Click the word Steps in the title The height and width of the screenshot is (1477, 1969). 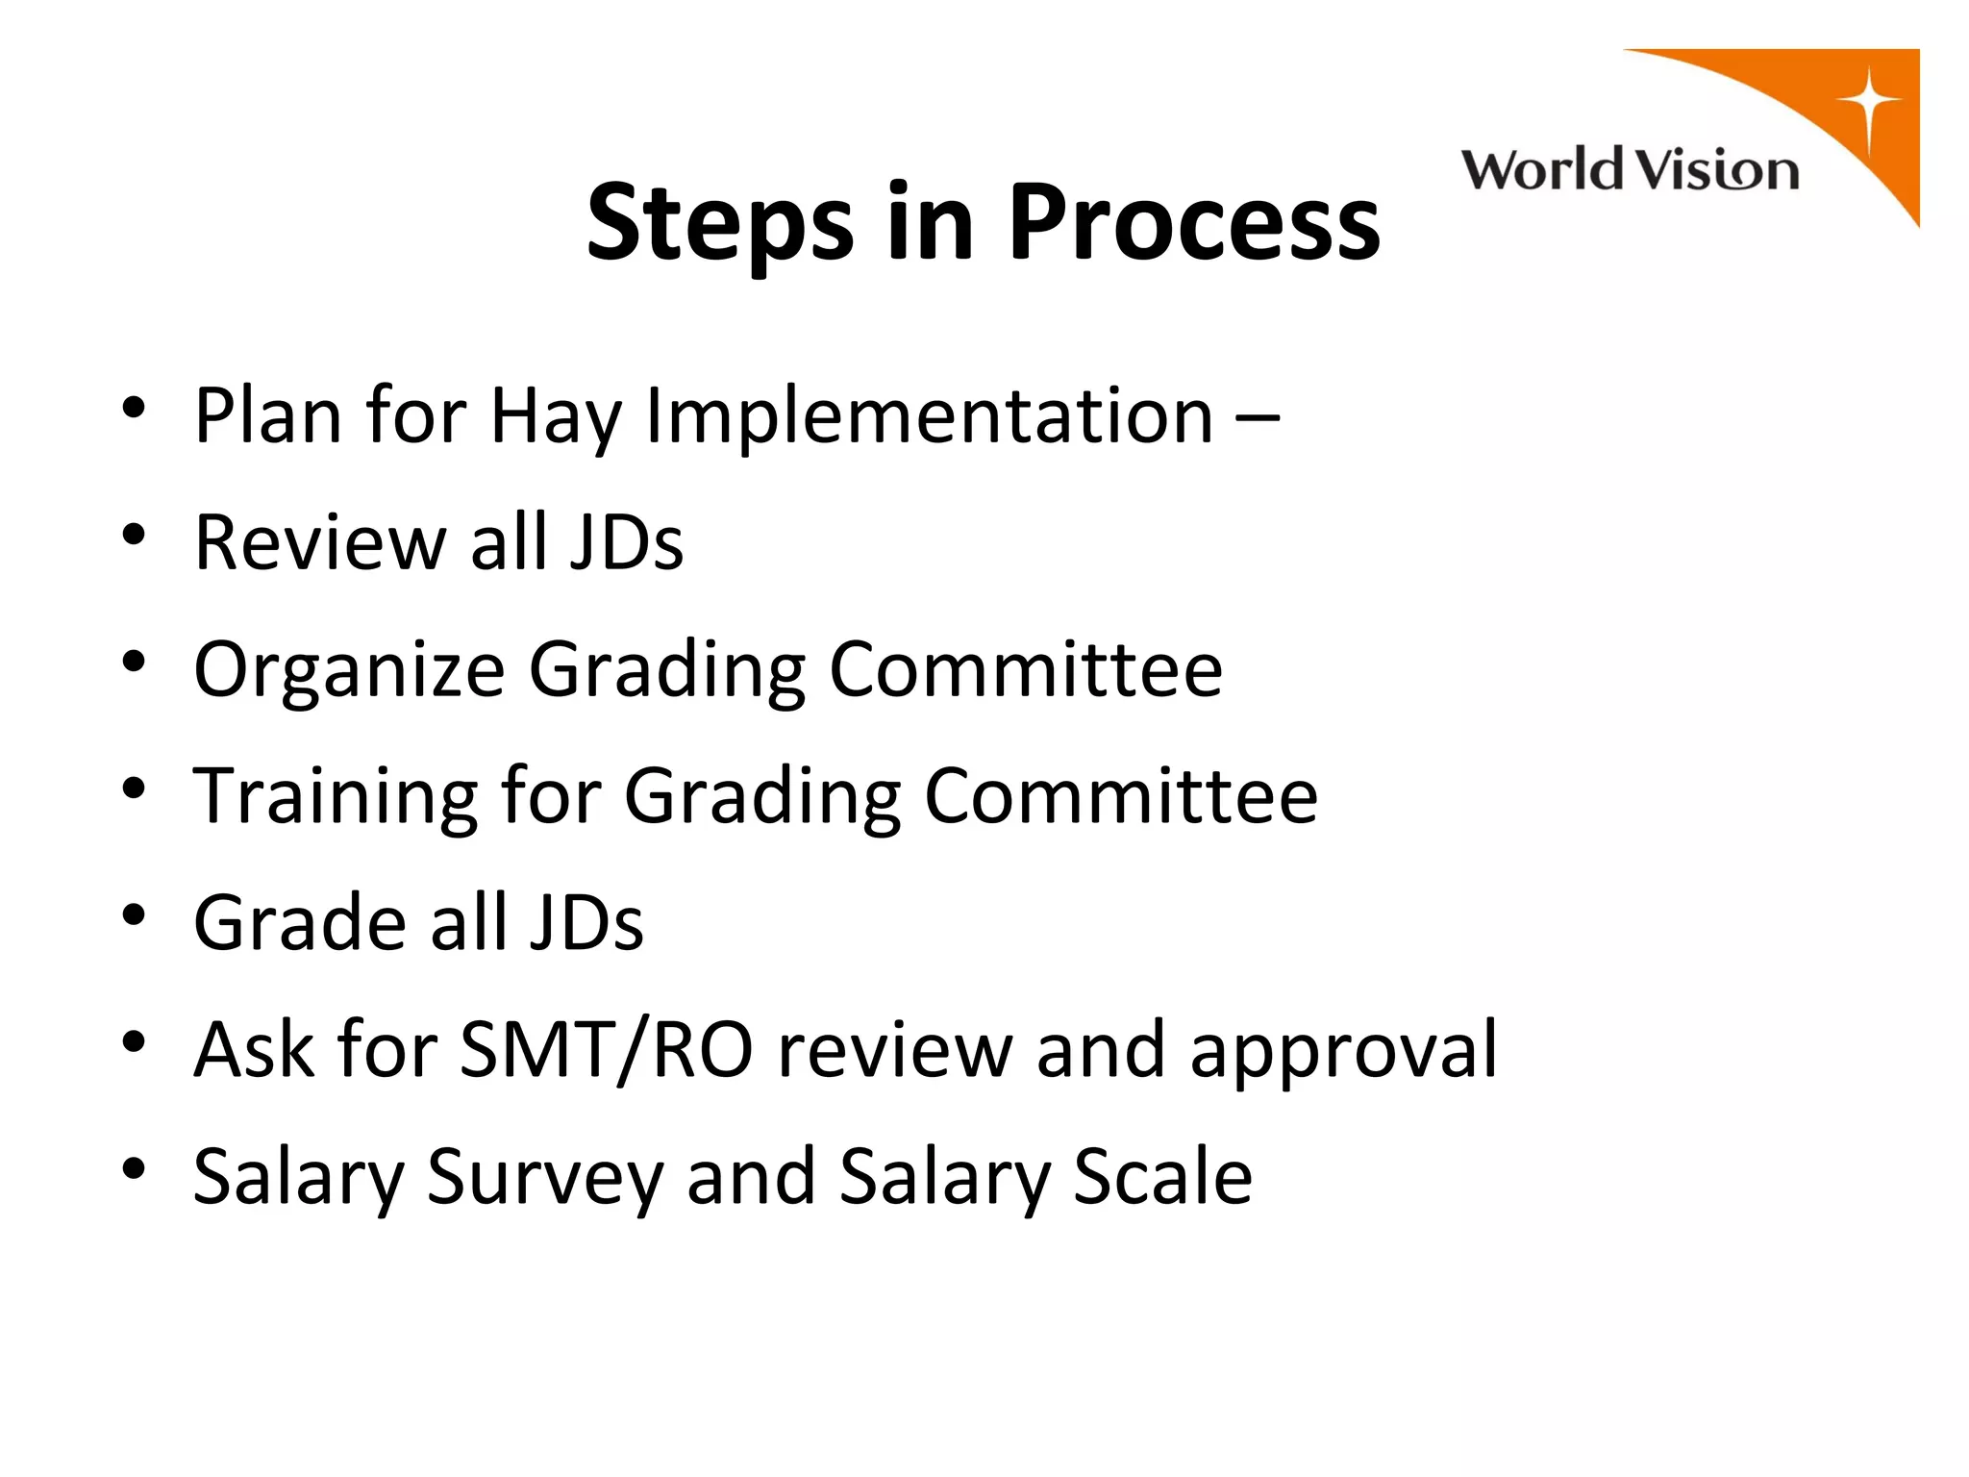tap(719, 225)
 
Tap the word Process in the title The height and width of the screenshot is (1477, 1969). tap(1193, 223)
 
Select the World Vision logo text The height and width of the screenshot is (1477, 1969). tap(1630, 171)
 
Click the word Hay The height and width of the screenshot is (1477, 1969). tap(556, 417)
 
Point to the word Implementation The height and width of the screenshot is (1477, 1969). tap(929, 417)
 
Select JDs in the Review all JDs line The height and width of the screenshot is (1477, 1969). tap(626, 542)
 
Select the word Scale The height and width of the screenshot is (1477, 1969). tap(1162, 1177)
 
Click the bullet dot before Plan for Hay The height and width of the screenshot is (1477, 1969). tap(134, 406)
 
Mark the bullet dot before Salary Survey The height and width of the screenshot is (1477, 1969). tap(134, 1167)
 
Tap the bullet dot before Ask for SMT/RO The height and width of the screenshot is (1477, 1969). tap(134, 1040)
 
